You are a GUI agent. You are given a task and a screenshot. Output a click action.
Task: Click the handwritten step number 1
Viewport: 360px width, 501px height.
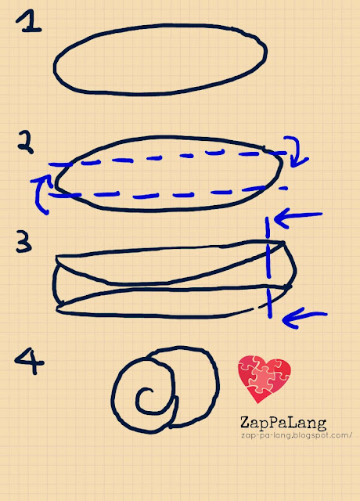coord(29,21)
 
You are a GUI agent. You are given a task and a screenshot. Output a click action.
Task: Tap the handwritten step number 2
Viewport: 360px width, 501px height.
coord(26,142)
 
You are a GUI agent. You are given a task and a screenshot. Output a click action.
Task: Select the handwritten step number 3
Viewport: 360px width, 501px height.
coord(24,243)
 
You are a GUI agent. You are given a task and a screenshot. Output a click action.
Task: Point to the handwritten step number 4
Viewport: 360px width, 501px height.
coord(29,361)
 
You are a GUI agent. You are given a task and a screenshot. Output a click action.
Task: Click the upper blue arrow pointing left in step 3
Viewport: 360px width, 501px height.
coord(297,217)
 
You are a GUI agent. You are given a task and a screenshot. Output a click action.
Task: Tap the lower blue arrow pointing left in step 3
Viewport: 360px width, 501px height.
coord(304,317)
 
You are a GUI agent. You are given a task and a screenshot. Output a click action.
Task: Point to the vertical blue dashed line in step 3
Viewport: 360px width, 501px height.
coord(268,267)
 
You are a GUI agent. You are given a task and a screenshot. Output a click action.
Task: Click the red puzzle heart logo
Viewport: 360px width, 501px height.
coord(265,379)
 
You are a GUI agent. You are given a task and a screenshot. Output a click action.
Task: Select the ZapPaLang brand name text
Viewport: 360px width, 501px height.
coord(283,423)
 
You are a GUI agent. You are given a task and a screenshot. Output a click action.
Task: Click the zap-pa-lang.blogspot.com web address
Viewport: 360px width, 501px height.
coord(297,435)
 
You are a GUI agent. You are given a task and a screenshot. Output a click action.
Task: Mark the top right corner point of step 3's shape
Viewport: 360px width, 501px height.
coord(283,243)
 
